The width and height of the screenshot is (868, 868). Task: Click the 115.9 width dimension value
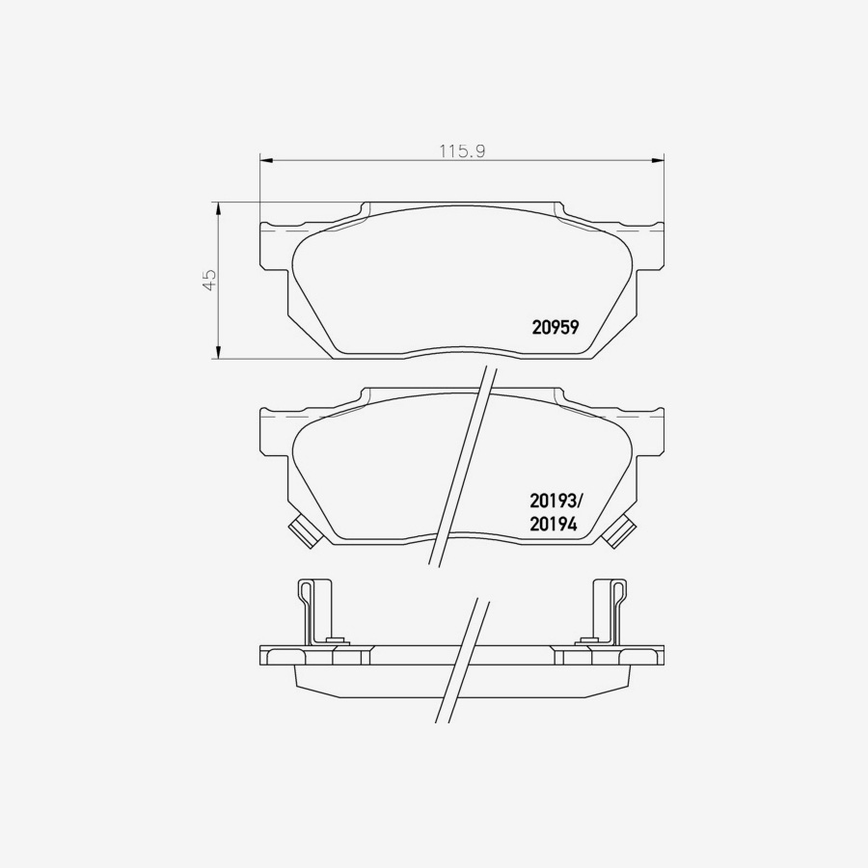(x=462, y=150)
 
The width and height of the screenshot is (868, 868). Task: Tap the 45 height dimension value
(x=209, y=280)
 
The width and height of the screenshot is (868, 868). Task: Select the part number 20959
(x=555, y=327)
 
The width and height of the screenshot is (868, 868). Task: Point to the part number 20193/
(x=556, y=502)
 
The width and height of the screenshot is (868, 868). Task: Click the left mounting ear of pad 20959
(x=274, y=245)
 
